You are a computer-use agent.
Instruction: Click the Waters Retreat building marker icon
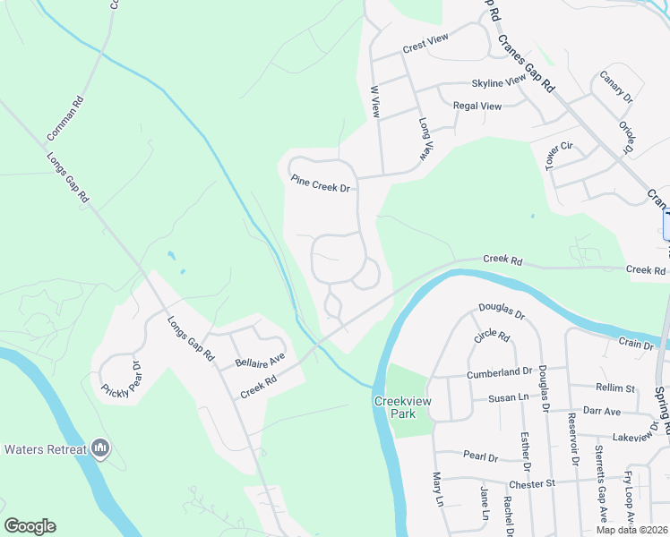pyautogui.click(x=100, y=447)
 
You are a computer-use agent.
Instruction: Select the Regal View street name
pyautogui.click(x=477, y=106)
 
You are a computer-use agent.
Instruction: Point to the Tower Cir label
pyautogui.click(x=558, y=155)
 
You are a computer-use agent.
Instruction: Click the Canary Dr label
pyautogui.click(x=615, y=87)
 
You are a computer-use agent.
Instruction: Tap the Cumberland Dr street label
pyautogui.click(x=499, y=371)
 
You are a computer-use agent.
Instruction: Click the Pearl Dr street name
pyautogui.click(x=480, y=456)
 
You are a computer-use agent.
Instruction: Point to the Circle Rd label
pyautogui.click(x=492, y=338)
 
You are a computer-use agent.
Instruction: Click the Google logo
pyautogui.click(x=30, y=526)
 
